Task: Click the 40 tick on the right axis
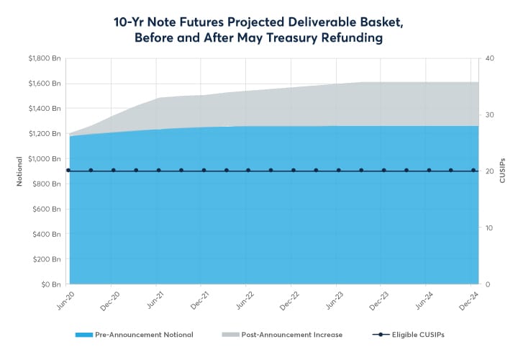pyautogui.click(x=489, y=58)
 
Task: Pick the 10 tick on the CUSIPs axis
pyautogui.click(x=489, y=228)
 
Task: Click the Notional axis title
pyautogui.click(x=20, y=171)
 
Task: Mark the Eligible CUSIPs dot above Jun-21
pyautogui.click(x=158, y=171)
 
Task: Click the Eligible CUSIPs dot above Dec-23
pyautogui.click(x=383, y=171)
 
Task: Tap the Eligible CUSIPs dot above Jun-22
pyautogui.click(x=248, y=171)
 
